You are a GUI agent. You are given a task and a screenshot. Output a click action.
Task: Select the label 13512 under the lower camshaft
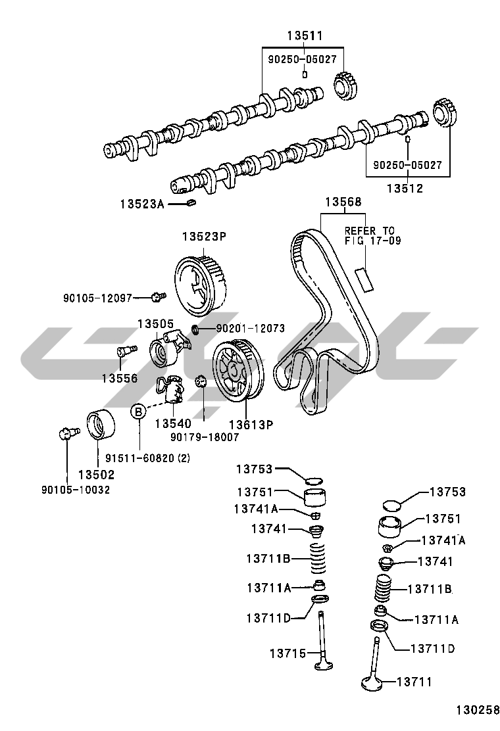tap(404, 189)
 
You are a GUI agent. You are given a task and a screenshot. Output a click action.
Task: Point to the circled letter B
tap(139, 412)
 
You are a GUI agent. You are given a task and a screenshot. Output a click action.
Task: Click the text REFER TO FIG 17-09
tap(369, 235)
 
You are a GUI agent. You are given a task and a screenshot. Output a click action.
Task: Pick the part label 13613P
tap(251, 425)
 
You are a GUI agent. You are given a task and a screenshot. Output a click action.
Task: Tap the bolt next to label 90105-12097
tap(157, 297)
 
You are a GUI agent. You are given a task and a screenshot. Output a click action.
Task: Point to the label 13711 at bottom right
tap(414, 682)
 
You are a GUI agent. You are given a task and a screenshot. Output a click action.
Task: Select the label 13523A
tap(141, 204)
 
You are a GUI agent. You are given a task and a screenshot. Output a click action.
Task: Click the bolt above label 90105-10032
tap(66, 433)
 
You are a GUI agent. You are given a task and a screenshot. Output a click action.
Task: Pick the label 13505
tap(155, 323)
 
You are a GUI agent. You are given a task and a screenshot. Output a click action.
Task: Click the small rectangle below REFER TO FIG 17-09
tap(364, 278)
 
